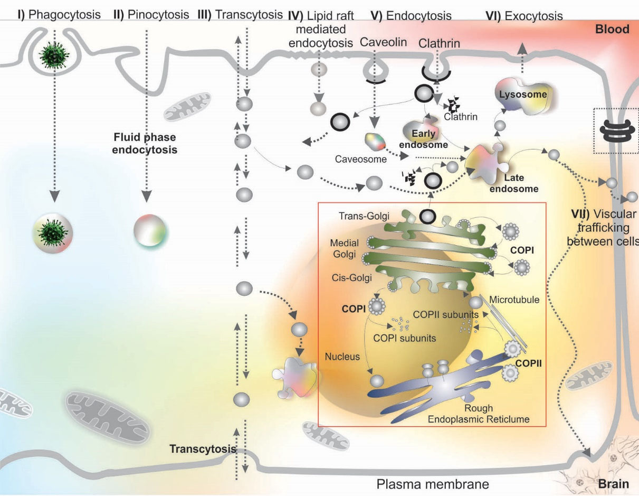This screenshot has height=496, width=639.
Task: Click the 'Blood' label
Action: click(612, 29)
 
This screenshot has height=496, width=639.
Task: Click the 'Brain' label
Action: click(614, 483)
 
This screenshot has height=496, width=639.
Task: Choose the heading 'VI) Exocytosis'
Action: click(524, 16)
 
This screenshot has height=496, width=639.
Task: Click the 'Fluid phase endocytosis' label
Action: click(145, 144)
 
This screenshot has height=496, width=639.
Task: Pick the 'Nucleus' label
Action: click(342, 357)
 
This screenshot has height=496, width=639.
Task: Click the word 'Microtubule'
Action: click(514, 300)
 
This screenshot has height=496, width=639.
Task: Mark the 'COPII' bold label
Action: click(529, 363)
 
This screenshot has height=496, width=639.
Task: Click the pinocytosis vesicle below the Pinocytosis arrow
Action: click(151, 230)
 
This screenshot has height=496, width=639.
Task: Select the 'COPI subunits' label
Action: click(405, 338)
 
